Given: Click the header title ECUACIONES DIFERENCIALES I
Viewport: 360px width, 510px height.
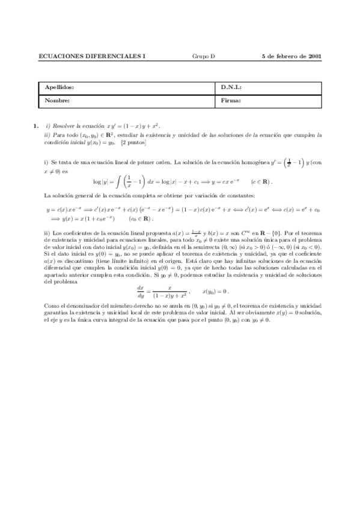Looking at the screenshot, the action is pos(91,57).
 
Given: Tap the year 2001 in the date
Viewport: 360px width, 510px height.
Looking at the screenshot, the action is pos(314,57).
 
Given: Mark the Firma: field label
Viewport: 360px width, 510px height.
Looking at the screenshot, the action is pos(231,100).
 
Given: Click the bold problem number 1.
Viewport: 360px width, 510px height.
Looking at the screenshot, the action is pos(35,126).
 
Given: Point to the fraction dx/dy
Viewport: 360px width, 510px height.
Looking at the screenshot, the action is pos(142,291).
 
